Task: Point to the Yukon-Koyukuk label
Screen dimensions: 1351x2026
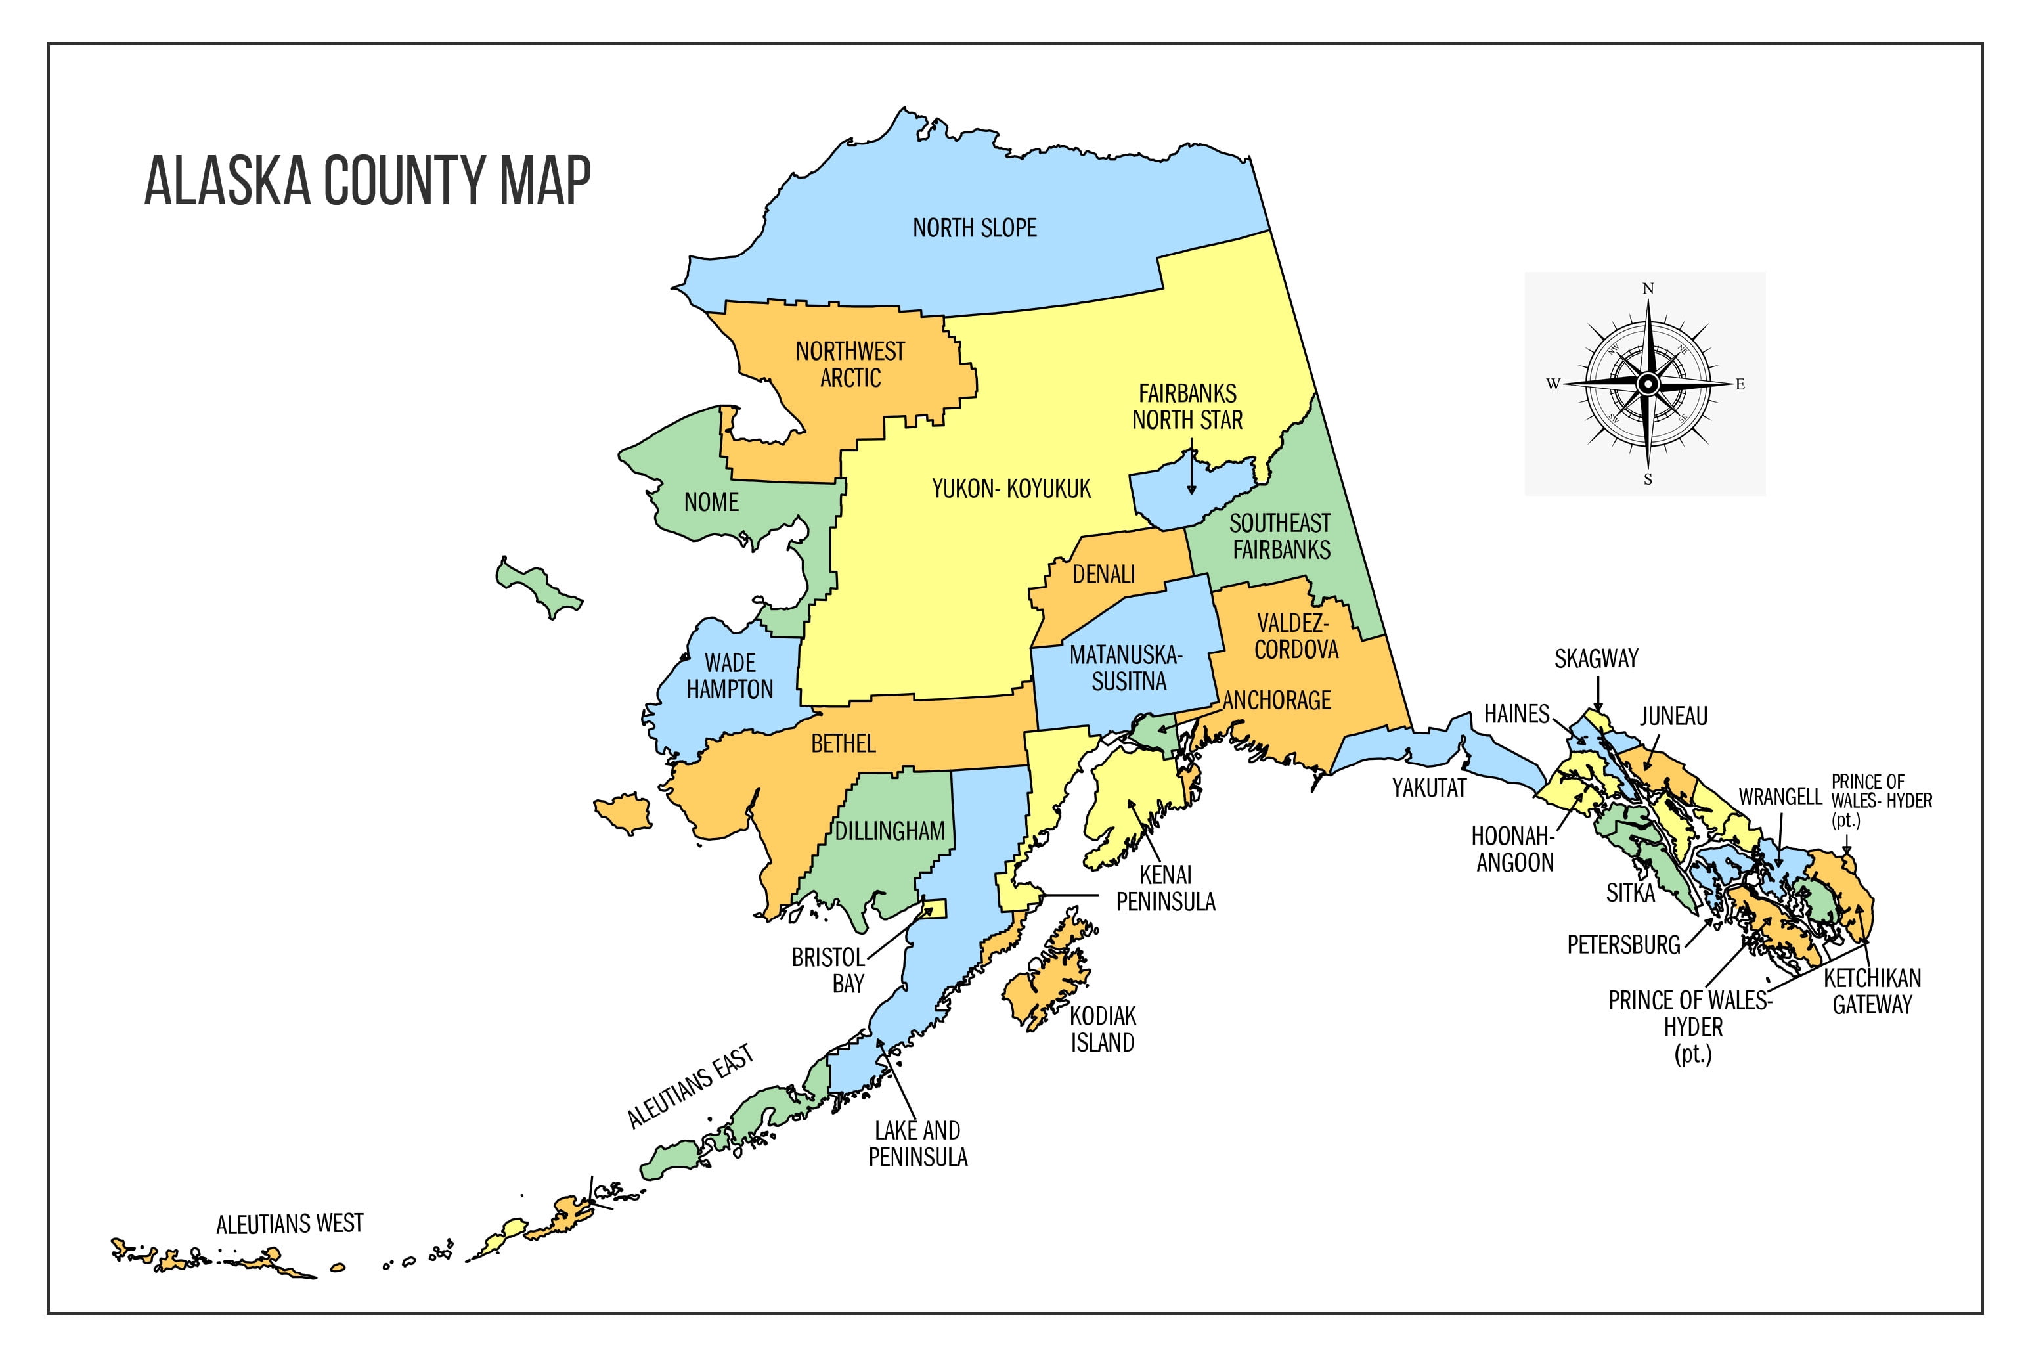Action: pyautogui.click(x=1011, y=489)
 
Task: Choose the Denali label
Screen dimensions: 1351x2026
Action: pyautogui.click(x=1103, y=575)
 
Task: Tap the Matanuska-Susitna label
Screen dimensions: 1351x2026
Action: pyautogui.click(x=1127, y=669)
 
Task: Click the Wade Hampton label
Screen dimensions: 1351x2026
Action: pyautogui.click(x=730, y=676)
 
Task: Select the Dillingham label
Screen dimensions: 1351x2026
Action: pyautogui.click(x=890, y=831)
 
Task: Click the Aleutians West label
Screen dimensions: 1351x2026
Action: pyautogui.click(x=290, y=1224)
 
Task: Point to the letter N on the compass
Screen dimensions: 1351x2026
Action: pyautogui.click(x=1648, y=288)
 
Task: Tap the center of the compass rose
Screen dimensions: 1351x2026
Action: pyautogui.click(x=1647, y=384)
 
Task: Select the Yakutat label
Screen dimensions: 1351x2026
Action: pyautogui.click(x=1429, y=787)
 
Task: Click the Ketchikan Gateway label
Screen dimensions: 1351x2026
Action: pyautogui.click(x=1872, y=992)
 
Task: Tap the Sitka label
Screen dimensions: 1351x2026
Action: pyautogui.click(x=1630, y=893)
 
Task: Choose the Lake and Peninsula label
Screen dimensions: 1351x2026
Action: pyautogui.click(x=917, y=1143)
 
